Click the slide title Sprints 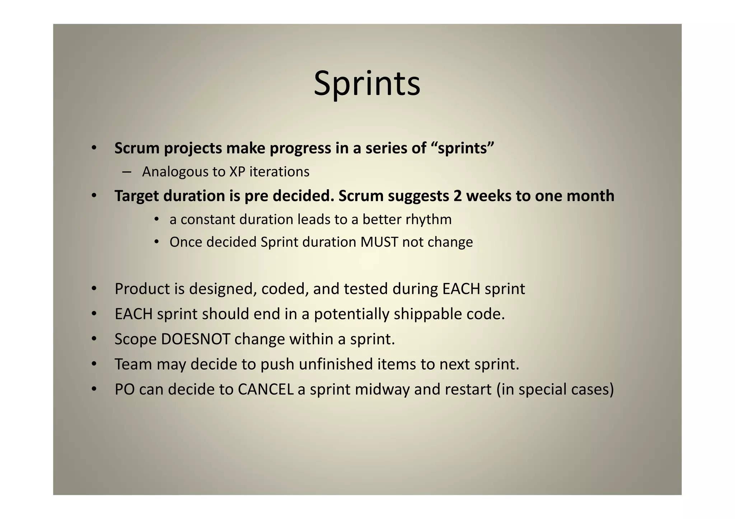[367, 84]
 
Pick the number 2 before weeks [457, 196]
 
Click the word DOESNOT [196, 339]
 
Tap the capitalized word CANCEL [266, 390]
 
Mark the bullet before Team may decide [94, 364]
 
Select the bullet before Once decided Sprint [156, 242]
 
